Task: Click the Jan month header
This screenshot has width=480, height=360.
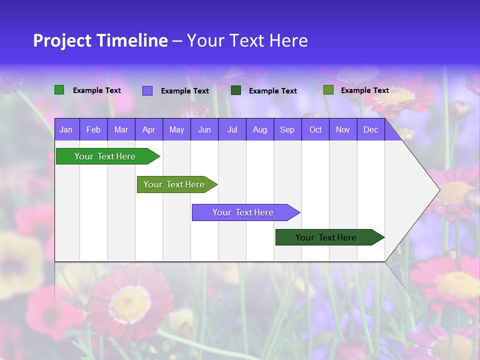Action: [x=66, y=129]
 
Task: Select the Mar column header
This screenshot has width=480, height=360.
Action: [x=121, y=129]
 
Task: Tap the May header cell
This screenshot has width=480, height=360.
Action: [x=176, y=129]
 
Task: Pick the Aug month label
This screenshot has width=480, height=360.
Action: [x=259, y=129]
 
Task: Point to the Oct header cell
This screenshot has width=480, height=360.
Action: [x=315, y=129]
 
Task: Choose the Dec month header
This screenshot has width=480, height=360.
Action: [x=370, y=129]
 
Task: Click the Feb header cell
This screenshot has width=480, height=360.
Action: [x=93, y=129]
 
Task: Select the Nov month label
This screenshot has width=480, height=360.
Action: [x=343, y=129]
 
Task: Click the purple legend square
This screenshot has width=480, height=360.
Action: [x=147, y=90]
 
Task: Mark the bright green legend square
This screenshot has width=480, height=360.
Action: [x=59, y=90]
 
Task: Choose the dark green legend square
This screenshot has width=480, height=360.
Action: [x=236, y=90]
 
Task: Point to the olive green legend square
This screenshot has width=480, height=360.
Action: [x=328, y=90]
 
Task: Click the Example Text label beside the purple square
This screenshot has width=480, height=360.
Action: [x=185, y=91]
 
